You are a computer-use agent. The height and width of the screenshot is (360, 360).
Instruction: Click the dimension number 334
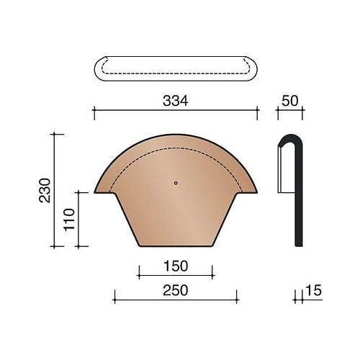[x=176, y=101]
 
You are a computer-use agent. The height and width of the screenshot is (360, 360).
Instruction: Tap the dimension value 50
[x=290, y=101]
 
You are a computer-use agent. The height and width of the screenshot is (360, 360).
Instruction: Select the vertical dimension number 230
[x=45, y=190]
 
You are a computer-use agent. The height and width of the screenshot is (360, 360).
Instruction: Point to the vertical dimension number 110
[x=69, y=220]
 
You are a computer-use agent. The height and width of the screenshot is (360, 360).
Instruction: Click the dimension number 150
[x=176, y=266]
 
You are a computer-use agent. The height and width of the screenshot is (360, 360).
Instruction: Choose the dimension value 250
[x=176, y=290]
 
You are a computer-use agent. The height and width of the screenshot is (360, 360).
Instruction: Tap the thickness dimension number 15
[x=313, y=290]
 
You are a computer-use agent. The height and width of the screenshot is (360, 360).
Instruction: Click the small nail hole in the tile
[x=176, y=183]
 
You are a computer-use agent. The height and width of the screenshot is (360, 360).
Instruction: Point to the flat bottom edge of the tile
[x=176, y=246]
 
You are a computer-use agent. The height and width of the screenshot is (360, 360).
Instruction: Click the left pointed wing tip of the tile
[x=94, y=192]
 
